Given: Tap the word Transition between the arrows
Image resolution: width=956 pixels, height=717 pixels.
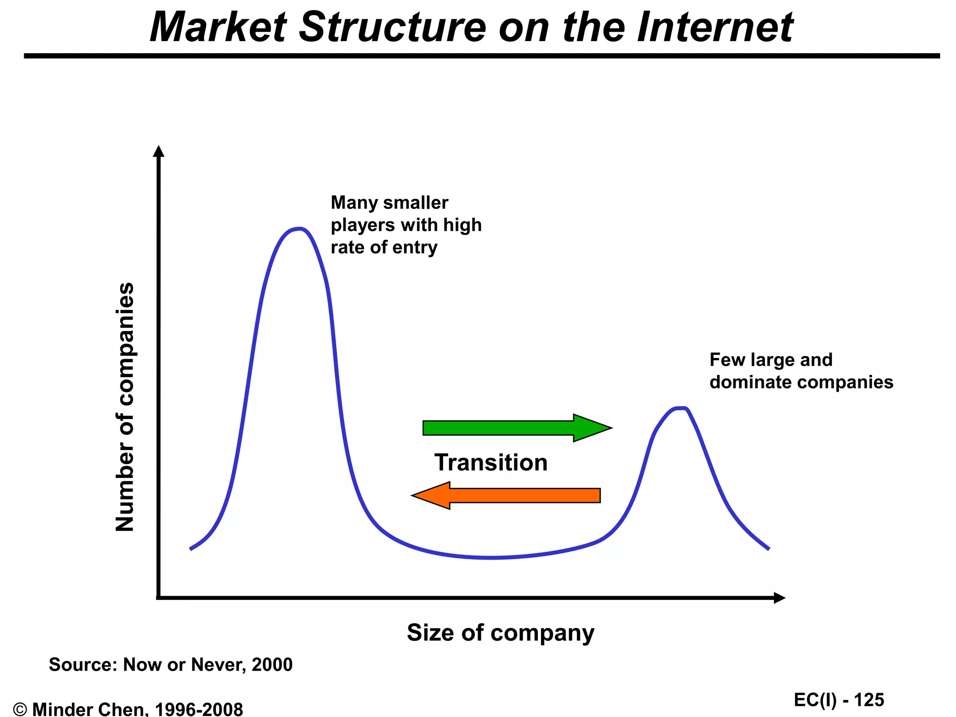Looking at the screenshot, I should pyautogui.click(x=491, y=463).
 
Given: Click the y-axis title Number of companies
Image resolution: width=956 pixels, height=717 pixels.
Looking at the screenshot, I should pyautogui.click(x=125, y=407).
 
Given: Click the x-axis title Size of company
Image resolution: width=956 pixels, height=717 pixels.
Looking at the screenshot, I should pyautogui.click(x=500, y=633).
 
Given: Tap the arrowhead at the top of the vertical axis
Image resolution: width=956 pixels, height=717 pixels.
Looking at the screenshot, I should pyautogui.click(x=159, y=151).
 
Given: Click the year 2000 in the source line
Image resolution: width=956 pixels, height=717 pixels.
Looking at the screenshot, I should pyautogui.click(x=272, y=664).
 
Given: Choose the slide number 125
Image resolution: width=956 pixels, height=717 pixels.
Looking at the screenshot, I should pyautogui.click(x=869, y=700).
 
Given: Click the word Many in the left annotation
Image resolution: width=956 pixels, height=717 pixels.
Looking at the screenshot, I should pyautogui.click(x=353, y=203).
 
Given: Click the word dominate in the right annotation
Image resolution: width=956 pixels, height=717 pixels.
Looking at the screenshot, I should pyautogui.click(x=749, y=382).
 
